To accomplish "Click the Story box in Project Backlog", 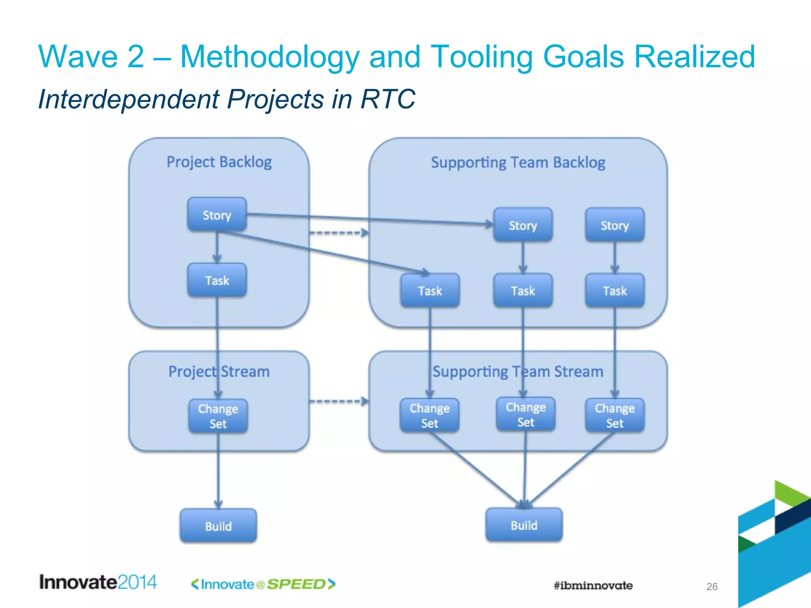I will (x=217, y=215).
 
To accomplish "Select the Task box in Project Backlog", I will (x=217, y=280).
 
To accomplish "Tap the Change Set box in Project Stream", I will (x=218, y=416).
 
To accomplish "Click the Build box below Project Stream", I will (x=218, y=526).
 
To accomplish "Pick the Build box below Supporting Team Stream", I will (x=524, y=525).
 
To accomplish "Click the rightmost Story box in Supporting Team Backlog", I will (x=615, y=225).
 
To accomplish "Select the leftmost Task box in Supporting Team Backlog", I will (x=430, y=291).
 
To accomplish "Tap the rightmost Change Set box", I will (x=615, y=415).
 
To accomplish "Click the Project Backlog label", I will (x=219, y=162).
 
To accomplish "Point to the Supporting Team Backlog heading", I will (x=518, y=162).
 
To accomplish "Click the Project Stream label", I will (x=219, y=371).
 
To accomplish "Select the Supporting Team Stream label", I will (x=518, y=371).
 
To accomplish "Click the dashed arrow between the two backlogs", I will (x=339, y=233).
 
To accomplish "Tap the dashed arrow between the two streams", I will (x=339, y=402).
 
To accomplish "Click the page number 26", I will (x=712, y=586).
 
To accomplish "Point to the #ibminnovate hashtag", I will (x=593, y=585).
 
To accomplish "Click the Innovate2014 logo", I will (x=98, y=582).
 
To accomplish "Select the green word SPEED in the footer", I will (x=296, y=584).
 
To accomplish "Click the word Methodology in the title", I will (x=270, y=57).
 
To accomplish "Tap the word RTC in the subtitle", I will (x=388, y=99).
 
